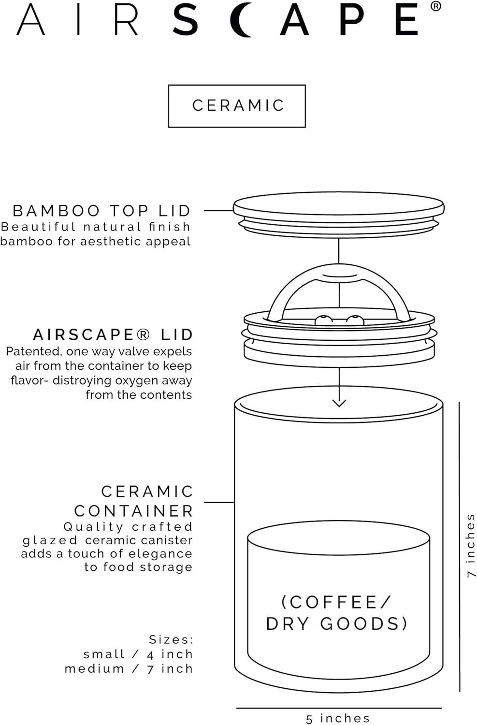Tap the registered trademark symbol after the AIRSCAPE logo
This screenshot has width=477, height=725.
pyautogui.click(x=435, y=6)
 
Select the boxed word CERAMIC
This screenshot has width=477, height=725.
pyautogui.click(x=237, y=106)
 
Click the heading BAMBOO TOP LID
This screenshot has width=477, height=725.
pyautogui.click(x=101, y=211)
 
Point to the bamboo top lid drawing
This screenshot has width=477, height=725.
pyautogui.click(x=338, y=213)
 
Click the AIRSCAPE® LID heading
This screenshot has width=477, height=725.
pyautogui.click(x=113, y=334)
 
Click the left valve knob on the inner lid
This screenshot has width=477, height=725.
pyautogui.click(x=322, y=319)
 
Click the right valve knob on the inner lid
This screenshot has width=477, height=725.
pyautogui.click(x=355, y=319)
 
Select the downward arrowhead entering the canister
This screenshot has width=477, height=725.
pyautogui.click(x=339, y=403)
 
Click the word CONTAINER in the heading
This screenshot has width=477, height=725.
pyautogui.click(x=133, y=511)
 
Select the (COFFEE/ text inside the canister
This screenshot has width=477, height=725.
pyautogui.click(x=336, y=602)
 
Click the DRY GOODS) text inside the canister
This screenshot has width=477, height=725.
pyautogui.click(x=337, y=623)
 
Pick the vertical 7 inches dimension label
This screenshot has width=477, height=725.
pyautogui.click(x=470, y=545)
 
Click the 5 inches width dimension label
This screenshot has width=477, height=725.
pyautogui.click(x=338, y=718)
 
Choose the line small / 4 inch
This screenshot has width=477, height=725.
pyautogui.click(x=138, y=654)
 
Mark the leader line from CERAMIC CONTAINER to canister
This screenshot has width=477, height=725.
pyautogui.click(x=219, y=502)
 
